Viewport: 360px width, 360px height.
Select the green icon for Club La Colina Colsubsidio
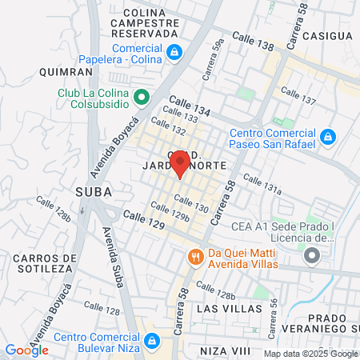142,98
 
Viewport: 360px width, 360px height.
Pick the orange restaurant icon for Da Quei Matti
194,257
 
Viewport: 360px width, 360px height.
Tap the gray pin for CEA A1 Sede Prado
312,256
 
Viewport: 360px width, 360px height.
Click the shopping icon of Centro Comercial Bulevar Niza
151,343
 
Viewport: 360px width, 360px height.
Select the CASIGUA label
328,36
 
